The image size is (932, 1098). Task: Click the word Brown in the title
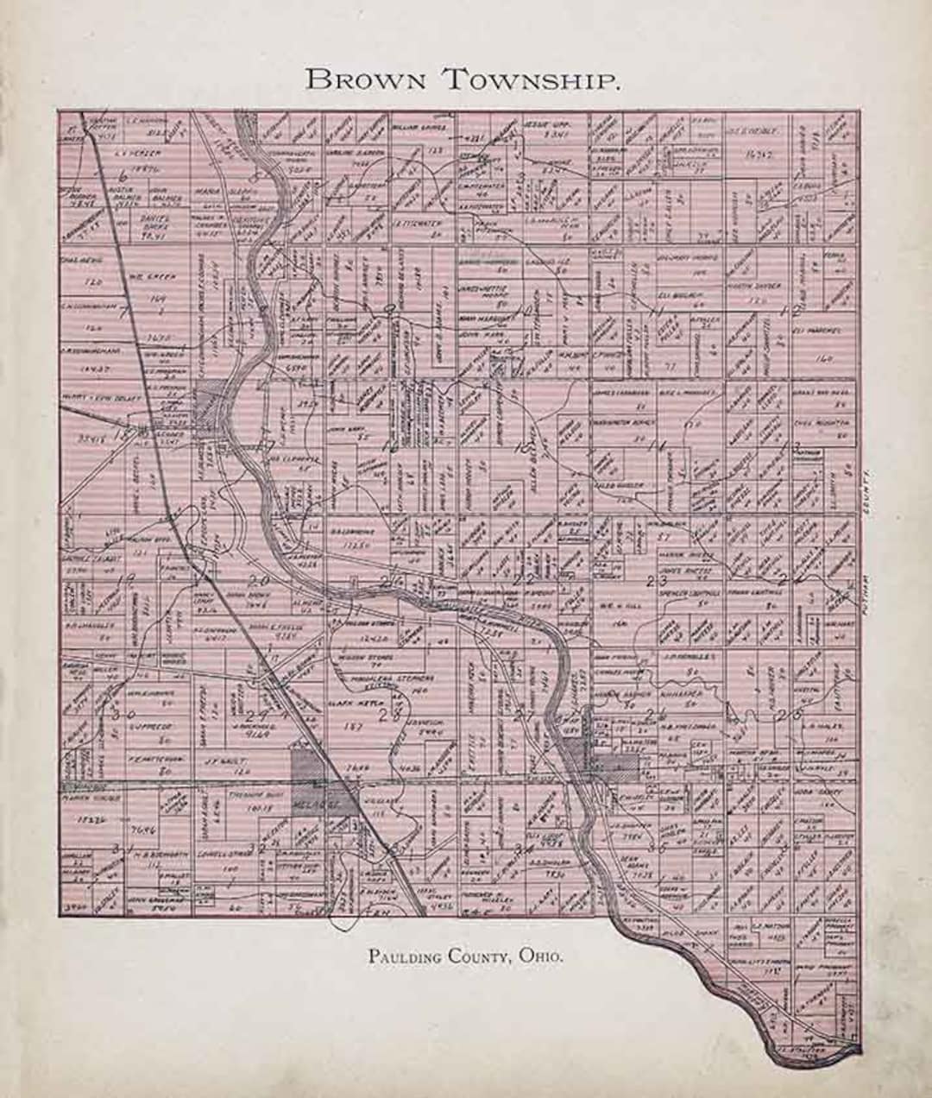click(366, 80)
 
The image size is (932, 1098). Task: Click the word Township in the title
click(532, 80)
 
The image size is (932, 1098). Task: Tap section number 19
click(128, 578)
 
